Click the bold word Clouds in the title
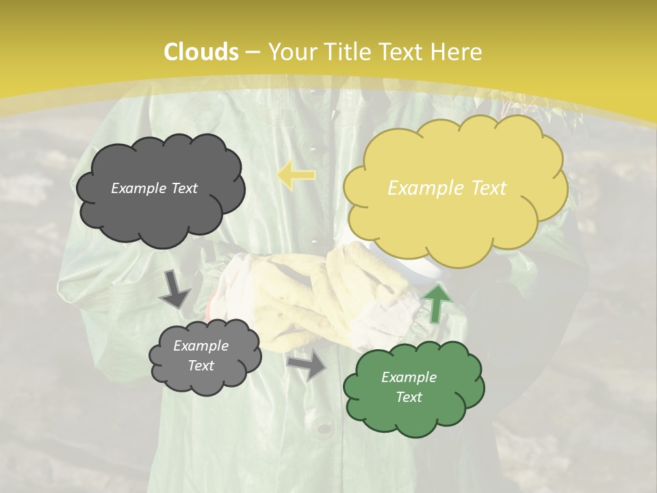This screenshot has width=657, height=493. click(x=201, y=52)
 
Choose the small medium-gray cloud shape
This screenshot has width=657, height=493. click(x=205, y=356)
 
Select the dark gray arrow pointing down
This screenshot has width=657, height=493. click(x=175, y=290)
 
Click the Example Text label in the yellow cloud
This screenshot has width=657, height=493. click(x=447, y=188)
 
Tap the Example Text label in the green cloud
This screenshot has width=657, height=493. click(x=409, y=387)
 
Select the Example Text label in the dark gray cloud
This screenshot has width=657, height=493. click(x=154, y=188)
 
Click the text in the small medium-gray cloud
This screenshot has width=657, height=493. click(x=201, y=356)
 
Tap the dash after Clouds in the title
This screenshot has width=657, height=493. click(x=251, y=52)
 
